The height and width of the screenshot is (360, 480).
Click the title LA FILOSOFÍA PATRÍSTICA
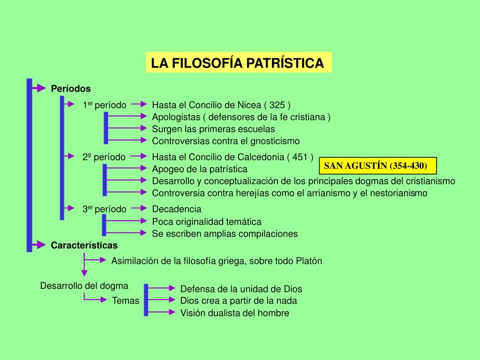click(x=238, y=63)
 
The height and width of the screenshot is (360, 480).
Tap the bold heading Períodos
click(x=71, y=89)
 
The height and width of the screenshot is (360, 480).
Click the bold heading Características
click(x=84, y=245)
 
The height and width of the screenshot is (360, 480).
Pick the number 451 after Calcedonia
click(x=300, y=157)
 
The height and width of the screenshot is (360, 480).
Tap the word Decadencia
click(x=177, y=209)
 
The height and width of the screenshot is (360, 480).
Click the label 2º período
click(x=104, y=157)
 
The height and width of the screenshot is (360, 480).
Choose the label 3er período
click(x=104, y=210)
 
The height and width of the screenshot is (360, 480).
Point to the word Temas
click(x=126, y=301)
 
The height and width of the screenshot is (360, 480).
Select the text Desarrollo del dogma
click(x=84, y=285)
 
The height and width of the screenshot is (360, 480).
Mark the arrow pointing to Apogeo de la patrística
click(x=127, y=168)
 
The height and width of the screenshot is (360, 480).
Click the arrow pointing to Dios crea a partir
click(x=162, y=300)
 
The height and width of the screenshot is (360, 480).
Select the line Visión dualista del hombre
click(x=235, y=313)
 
